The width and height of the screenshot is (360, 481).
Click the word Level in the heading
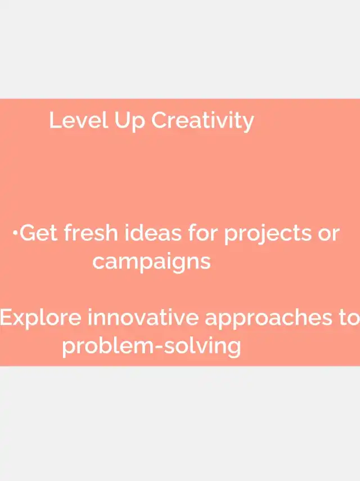tap(79, 120)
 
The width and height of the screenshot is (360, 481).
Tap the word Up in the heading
tap(129, 122)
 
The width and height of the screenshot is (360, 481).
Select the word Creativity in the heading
tap(202, 122)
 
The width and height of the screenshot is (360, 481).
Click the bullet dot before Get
tap(15, 233)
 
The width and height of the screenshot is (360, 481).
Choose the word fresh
tap(91, 232)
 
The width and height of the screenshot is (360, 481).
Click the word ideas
tap(152, 232)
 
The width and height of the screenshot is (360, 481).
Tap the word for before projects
tap(202, 232)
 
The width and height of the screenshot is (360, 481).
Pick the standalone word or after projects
tap(328, 235)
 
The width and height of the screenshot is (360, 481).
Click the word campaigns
tap(151, 262)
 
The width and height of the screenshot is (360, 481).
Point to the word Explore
tap(40, 317)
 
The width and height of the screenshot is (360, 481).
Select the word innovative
tap(143, 317)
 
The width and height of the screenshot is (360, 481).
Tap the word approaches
tap(268, 319)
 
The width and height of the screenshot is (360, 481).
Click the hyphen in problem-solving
tap(159, 347)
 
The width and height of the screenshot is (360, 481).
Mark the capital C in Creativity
tap(160, 120)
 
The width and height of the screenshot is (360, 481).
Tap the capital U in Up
tap(121, 120)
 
